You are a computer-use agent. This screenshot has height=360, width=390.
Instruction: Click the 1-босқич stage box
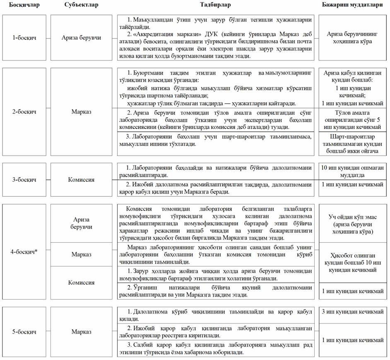point(24,38)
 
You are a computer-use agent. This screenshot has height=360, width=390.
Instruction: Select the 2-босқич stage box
point(24,111)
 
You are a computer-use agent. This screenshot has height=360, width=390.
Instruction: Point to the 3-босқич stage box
point(24,180)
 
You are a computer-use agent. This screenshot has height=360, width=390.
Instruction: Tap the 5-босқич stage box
point(24,331)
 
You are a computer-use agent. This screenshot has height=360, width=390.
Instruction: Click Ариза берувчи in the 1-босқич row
point(81,38)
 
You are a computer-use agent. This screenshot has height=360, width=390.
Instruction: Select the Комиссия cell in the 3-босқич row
point(81,180)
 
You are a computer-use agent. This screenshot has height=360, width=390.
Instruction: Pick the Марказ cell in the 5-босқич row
point(81,331)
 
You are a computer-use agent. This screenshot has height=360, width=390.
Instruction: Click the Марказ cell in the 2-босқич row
point(81,111)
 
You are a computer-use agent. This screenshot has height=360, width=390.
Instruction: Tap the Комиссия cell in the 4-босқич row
point(81,283)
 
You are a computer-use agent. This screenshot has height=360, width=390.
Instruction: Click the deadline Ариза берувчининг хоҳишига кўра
point(353,38)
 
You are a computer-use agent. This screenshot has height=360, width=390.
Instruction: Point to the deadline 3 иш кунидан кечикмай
point(353,311)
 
